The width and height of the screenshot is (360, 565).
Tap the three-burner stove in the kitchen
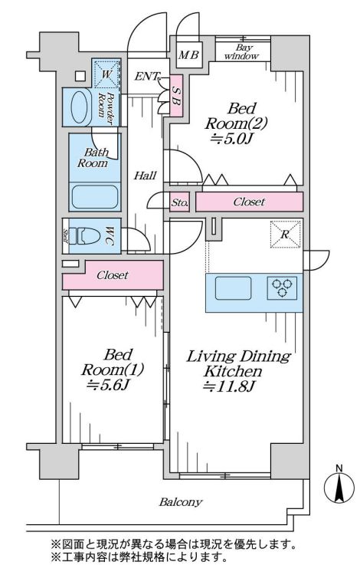point(282,288)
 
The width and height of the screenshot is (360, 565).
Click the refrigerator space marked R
point(285,235)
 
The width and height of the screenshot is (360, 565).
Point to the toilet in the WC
point(86,236)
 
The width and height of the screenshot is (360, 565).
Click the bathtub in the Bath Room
point(95,197)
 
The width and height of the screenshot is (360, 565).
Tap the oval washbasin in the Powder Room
point(80,107)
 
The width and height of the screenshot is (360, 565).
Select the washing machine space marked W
point(106,74)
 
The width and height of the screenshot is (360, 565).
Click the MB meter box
point(189,55)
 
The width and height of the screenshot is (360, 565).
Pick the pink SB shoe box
point(176,96)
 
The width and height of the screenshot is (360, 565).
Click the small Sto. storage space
point(179,202)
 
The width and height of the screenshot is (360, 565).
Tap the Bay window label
point(244,52)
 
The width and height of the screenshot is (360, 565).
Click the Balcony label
point(181,502)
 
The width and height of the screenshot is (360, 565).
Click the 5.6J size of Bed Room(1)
point(108,385)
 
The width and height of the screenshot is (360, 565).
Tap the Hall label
point(145,176)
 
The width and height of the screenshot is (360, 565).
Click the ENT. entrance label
point(146,77)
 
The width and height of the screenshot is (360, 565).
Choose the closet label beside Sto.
point(249,202)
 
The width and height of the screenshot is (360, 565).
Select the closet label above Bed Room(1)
point(113,275)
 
